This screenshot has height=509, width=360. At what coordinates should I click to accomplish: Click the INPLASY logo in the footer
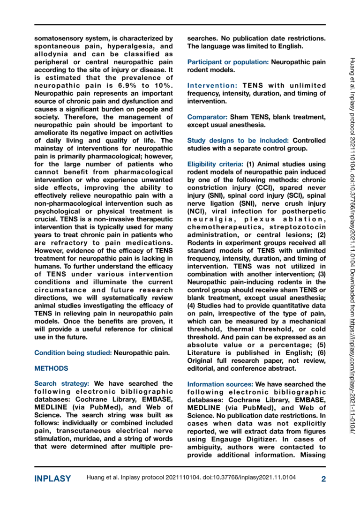(53, 479)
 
